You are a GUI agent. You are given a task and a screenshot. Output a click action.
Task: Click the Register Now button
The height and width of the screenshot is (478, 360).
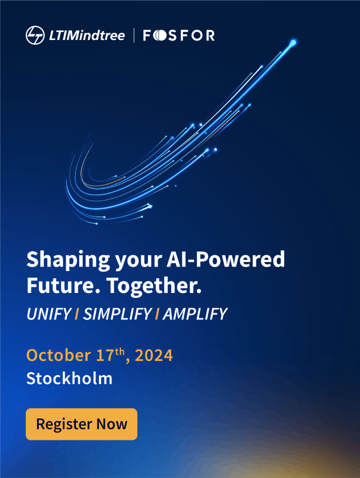[82, 424]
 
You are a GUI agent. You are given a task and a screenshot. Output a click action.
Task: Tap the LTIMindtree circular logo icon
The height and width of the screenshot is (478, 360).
[35, 35]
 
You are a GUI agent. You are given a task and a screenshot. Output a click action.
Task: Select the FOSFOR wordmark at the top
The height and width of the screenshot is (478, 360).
[178, 35]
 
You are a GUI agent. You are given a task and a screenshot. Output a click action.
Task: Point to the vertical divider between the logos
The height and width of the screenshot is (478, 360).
[134, 35]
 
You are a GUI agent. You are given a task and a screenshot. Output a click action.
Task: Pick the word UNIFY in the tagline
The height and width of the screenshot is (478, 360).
[48, 314]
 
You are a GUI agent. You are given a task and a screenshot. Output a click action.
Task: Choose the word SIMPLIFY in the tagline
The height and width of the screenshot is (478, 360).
[117, 314]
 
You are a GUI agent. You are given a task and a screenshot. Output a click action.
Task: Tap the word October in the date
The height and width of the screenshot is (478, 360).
[58, 355]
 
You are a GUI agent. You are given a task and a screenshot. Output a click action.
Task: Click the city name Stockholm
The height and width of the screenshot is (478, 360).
[69, 378]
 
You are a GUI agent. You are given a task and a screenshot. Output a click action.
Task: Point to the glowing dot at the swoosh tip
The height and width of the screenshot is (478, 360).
[292, 42]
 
